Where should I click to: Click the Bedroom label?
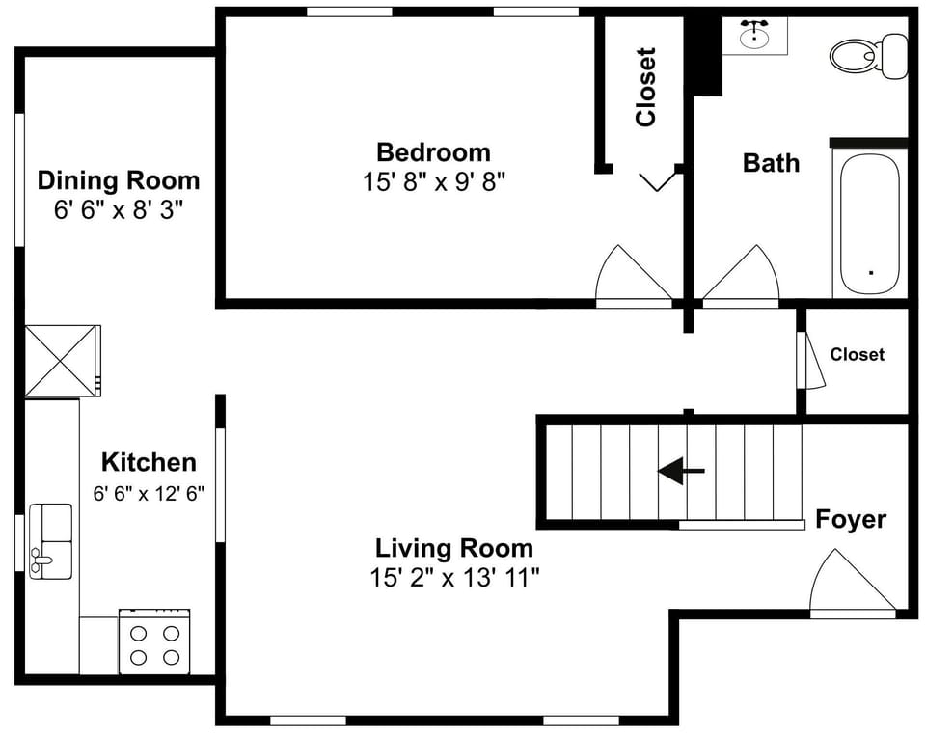[x=433, y=152]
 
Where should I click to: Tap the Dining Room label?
[x=118, y=180]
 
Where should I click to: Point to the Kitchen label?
[x=149, y=462]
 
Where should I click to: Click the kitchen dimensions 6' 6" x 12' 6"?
[x=149, y=493]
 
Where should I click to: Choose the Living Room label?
[x=453, y=549]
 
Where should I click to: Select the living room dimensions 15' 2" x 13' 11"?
[x=453, y=578]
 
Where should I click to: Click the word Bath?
[x=771, y=163]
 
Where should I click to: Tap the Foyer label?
[x=850, y=520]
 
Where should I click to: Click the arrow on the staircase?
[x=681, y=471]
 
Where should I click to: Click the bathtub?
[x=869, y=223]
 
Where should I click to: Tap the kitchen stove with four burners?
[x=154, y=641]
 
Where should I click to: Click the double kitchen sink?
[x=50, y=540]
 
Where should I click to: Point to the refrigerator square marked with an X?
[x=62, y=361]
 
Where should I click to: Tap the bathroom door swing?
[x=743, y=277]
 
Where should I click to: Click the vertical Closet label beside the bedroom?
[x=645, y=87]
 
